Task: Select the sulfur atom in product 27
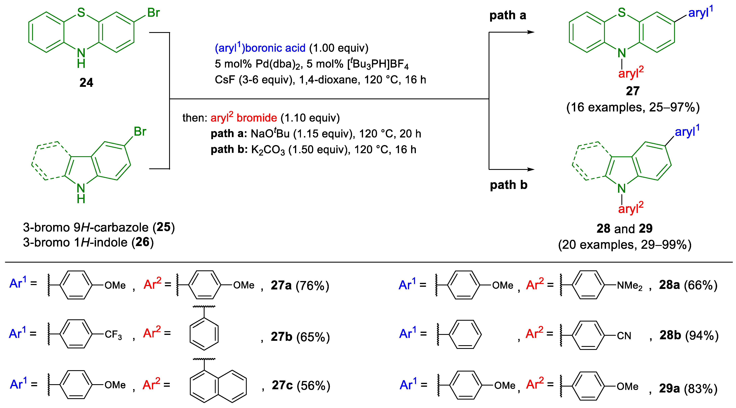pos(622,12)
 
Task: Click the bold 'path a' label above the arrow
pos(508,15)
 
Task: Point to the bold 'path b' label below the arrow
pos(508,185)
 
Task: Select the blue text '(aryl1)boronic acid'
pos(260,48)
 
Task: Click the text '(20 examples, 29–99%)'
pos(625,245)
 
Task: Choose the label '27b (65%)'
pos(300,337)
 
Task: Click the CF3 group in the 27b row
pos(113,335)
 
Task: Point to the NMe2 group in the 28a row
pos(630,285)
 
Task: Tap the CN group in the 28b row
pos(624,336)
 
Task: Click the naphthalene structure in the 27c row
pos(218,386)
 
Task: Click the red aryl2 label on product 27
pos(631,73)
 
